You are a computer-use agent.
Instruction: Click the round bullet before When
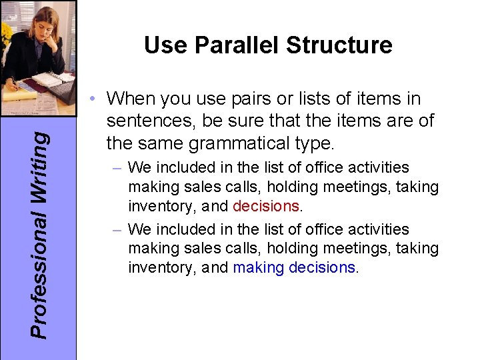(x=96, y=99)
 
